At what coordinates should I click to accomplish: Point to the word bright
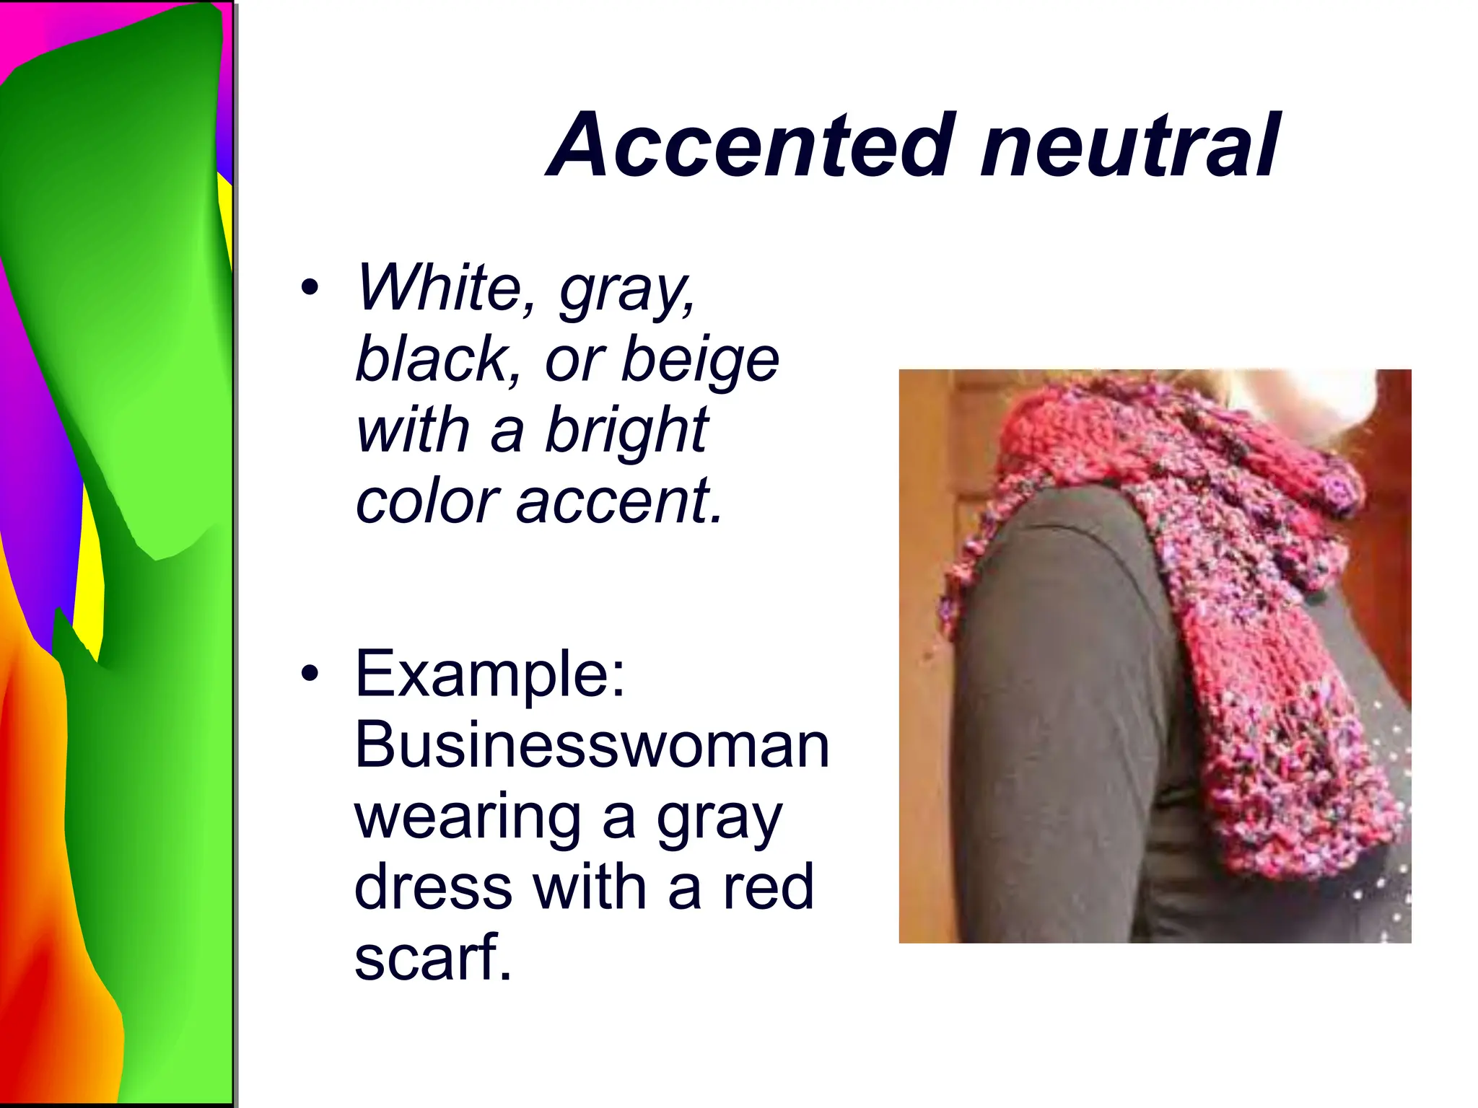[626, 431]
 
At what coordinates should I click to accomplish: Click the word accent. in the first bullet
[618, 501]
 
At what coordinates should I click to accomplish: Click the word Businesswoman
[592, 744]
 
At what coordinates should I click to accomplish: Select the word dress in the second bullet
[433, 887]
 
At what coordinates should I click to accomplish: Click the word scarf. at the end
[433, 957]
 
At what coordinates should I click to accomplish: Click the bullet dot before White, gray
[310, 289]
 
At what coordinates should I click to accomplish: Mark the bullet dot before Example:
[310, 674]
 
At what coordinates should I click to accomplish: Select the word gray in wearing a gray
[719, 819]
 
